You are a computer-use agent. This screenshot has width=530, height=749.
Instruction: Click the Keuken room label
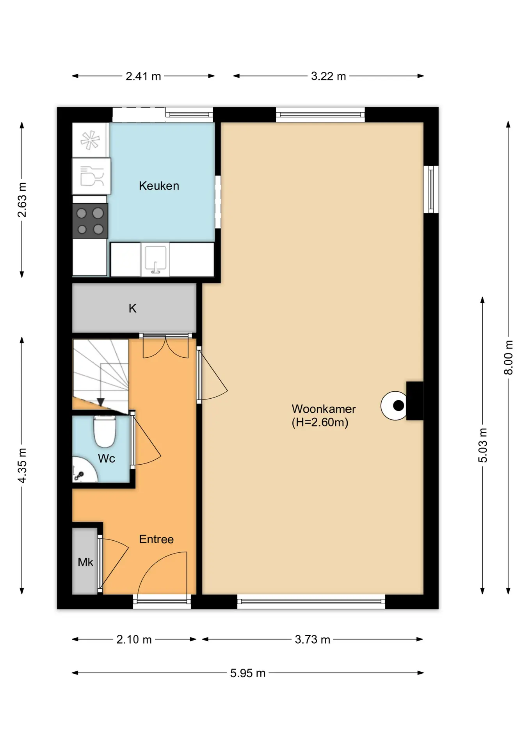coord(159,186)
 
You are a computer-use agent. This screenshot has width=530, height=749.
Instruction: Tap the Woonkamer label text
coord(324,409)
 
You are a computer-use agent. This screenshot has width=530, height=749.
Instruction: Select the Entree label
coord(156,539)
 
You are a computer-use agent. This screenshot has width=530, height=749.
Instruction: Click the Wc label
coord(106,458)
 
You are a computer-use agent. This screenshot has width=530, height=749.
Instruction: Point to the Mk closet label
coord(85,562)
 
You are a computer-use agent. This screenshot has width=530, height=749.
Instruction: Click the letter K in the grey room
coord(132,309)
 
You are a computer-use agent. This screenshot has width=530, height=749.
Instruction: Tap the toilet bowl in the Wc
coord(105,431)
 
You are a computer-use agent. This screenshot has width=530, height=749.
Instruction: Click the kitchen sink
coord(155,259)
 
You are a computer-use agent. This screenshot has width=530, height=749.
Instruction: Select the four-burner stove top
coord(90,221)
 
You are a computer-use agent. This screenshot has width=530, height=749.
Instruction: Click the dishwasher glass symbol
coord(92,176)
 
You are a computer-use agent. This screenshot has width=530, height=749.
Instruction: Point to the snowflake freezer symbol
coord(90,140)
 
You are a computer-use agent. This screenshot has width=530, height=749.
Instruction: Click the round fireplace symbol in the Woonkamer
coord(395,406)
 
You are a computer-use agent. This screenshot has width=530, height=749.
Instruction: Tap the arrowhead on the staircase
coord(100,402)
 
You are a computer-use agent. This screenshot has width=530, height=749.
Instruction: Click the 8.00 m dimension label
coord(508,357)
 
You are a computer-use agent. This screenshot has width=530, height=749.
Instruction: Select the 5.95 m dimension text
coord(248,673)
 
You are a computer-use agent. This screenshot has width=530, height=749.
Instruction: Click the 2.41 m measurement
coord(143,76)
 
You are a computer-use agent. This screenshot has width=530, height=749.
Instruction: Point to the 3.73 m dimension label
coord(313,639)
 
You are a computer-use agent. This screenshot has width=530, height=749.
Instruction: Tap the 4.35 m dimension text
coord(22,465)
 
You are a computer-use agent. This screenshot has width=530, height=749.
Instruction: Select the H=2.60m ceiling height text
coord(320,422)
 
